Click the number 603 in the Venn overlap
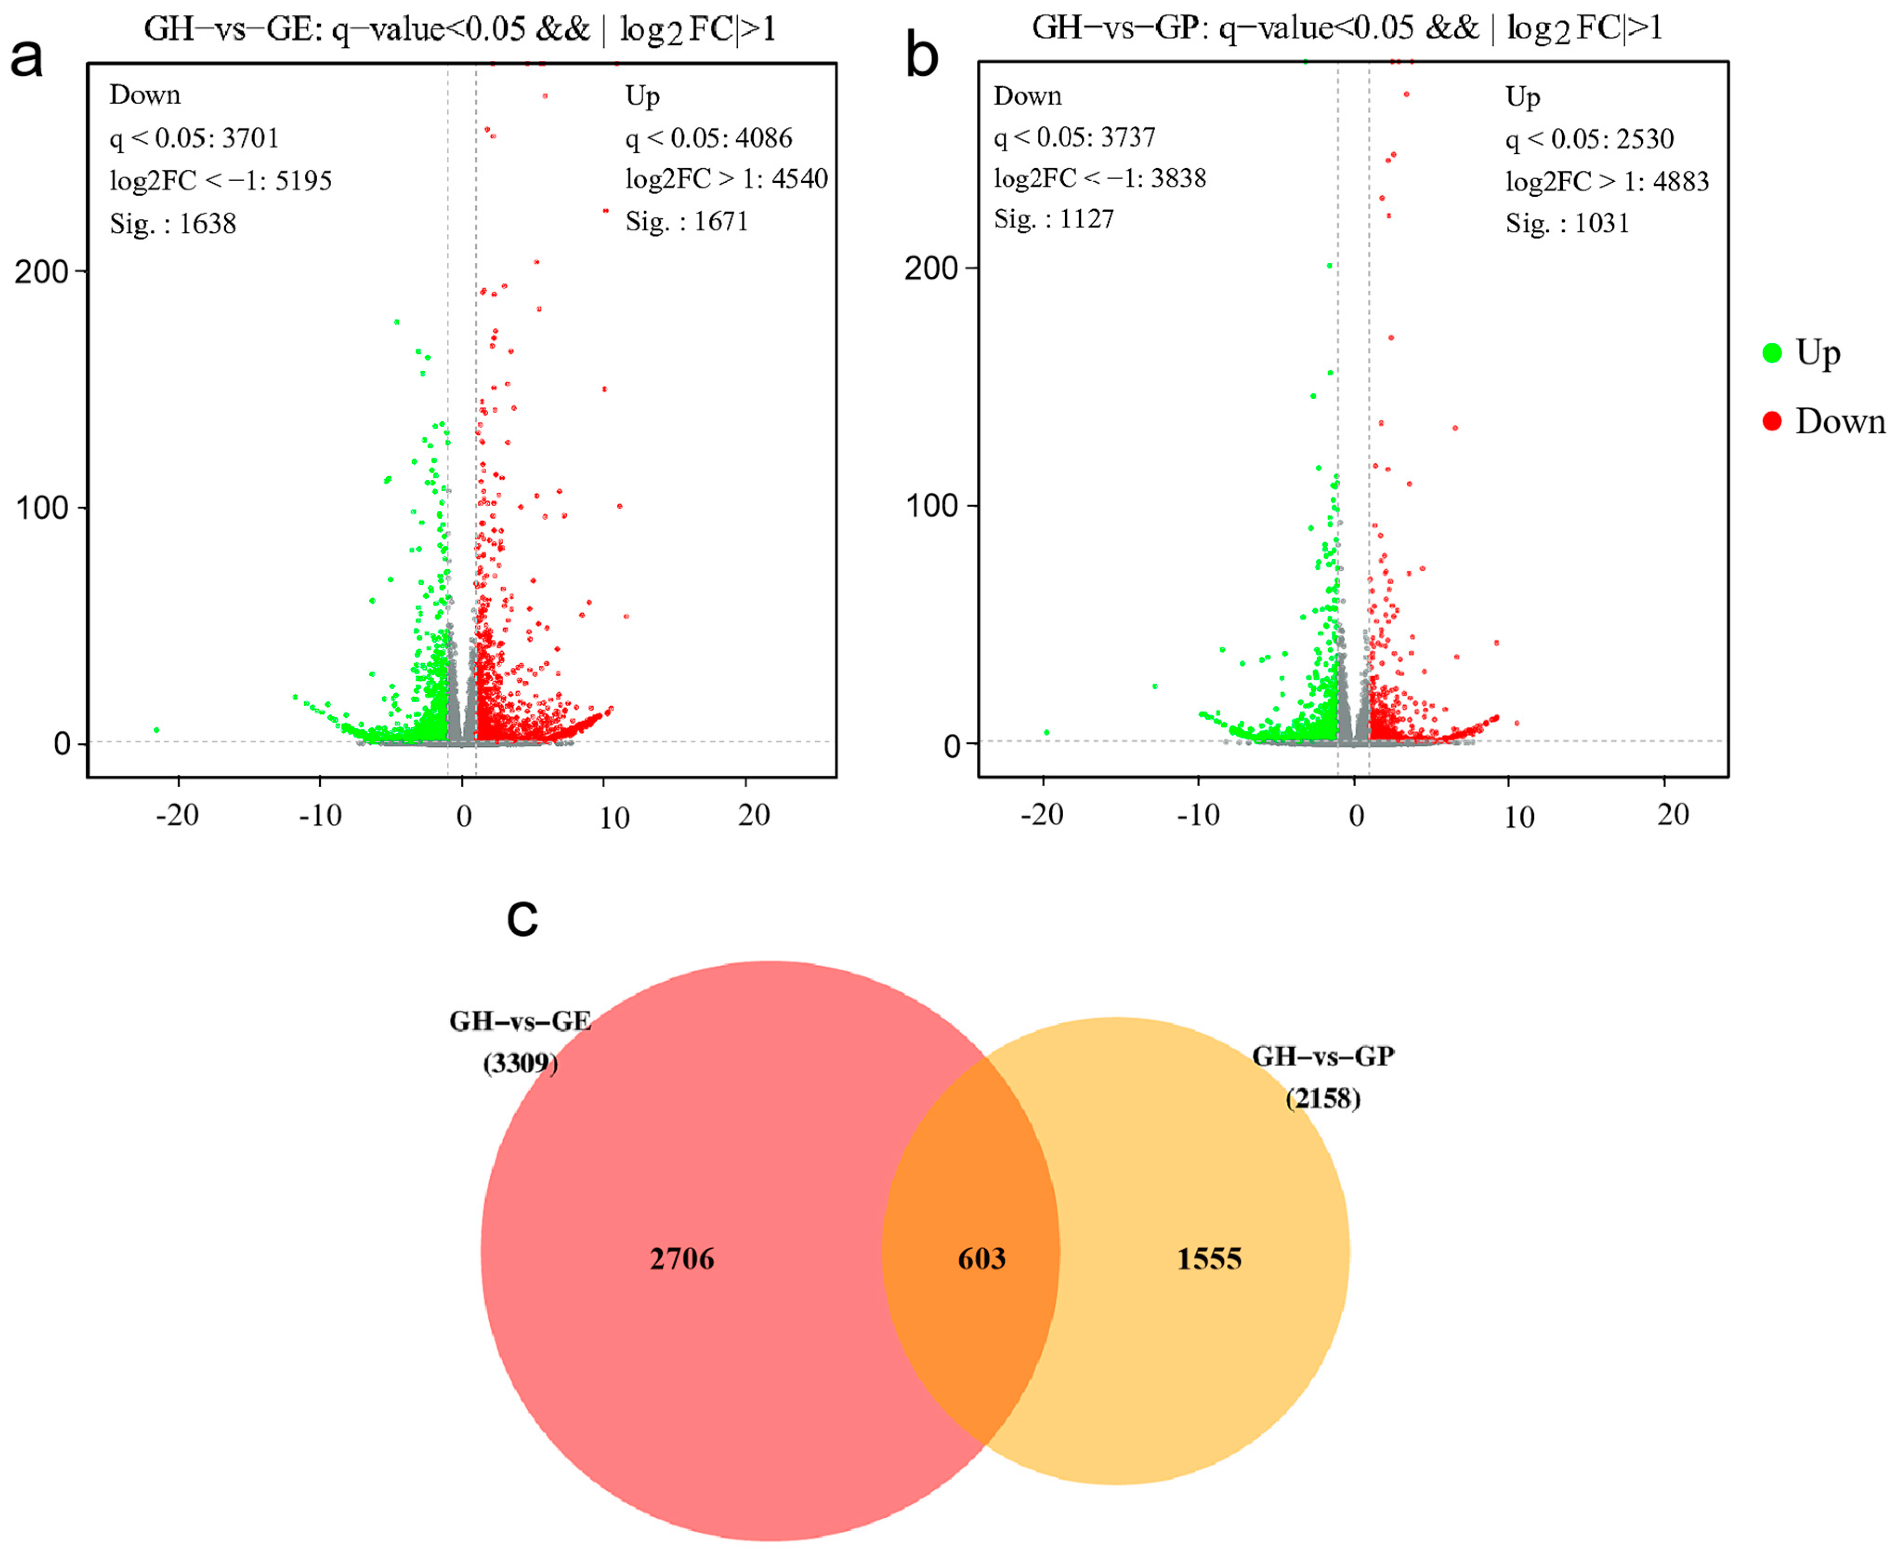(x=981, y=1259)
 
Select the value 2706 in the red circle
(x=682, y=1259)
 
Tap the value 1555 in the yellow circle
(x=1209, y=1259)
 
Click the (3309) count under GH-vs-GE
(x=520, y=1064)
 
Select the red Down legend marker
(x=1772, y=421)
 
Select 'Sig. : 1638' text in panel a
(x=173, y=223)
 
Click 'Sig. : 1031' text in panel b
(x=1567, y=223)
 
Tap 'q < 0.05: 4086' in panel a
(x=708, y=138)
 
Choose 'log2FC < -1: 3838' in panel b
(x=1099, y=178)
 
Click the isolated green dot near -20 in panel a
(x=157, y=731)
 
